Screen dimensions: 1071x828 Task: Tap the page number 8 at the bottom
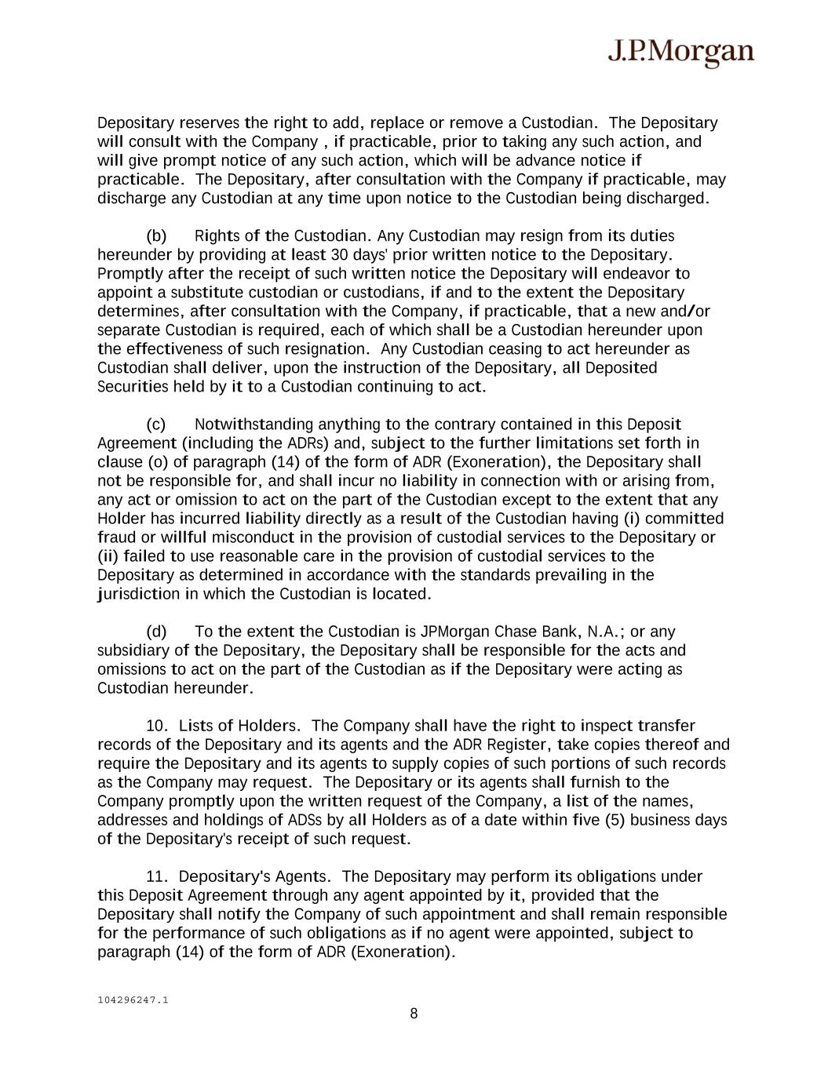414,1014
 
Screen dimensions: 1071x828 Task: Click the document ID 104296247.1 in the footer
133,1000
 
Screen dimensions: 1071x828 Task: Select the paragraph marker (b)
156,236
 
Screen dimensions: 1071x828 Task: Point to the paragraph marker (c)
156,424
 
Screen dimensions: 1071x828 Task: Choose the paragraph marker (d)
156,632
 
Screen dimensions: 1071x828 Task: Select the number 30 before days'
340,255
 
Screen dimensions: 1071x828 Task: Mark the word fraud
116,537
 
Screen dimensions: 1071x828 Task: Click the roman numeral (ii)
109,556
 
